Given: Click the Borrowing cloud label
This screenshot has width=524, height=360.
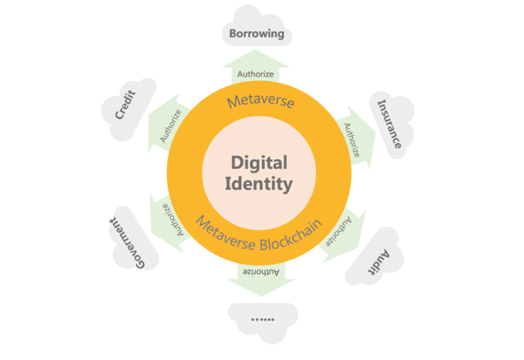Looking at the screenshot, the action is click(x=257, y=33).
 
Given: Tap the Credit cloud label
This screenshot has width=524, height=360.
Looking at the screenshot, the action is click(x=126, y=105).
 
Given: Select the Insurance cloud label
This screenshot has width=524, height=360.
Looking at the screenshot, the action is click(x=389, y=124).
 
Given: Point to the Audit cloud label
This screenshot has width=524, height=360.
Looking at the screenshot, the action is click(x=379, y=262).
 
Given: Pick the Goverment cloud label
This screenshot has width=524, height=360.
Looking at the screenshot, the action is click(x=127, y=243).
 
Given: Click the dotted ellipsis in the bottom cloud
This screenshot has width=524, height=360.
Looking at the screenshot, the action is click(x=263, y=320).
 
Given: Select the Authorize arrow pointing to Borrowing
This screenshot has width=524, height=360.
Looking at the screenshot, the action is click(x=255, y=66).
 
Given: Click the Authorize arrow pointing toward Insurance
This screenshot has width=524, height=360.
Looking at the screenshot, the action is click(x=355, y=138).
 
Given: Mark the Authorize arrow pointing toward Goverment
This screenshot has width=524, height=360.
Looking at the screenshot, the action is click(x=169, y=224).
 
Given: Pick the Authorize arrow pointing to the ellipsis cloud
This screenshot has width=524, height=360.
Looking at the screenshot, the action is click(x=261, y=280).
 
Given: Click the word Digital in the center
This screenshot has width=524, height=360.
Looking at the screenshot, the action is click(x=259, y=163).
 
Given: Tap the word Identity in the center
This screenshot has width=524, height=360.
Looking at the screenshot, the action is click(x=259, y=184).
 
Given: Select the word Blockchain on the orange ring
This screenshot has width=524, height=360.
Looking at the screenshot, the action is click(x=291, y=236).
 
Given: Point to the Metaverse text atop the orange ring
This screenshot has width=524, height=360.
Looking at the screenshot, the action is click(x=260, y=101).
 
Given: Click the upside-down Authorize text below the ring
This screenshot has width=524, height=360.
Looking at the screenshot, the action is click(x=260, y=272).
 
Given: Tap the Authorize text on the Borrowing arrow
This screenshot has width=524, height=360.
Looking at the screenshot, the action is click(x=255, y=74).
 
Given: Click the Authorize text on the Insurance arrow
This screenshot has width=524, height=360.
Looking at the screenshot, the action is click(x=352, y=140).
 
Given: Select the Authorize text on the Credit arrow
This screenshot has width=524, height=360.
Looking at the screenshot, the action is click(x=171, y=126).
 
